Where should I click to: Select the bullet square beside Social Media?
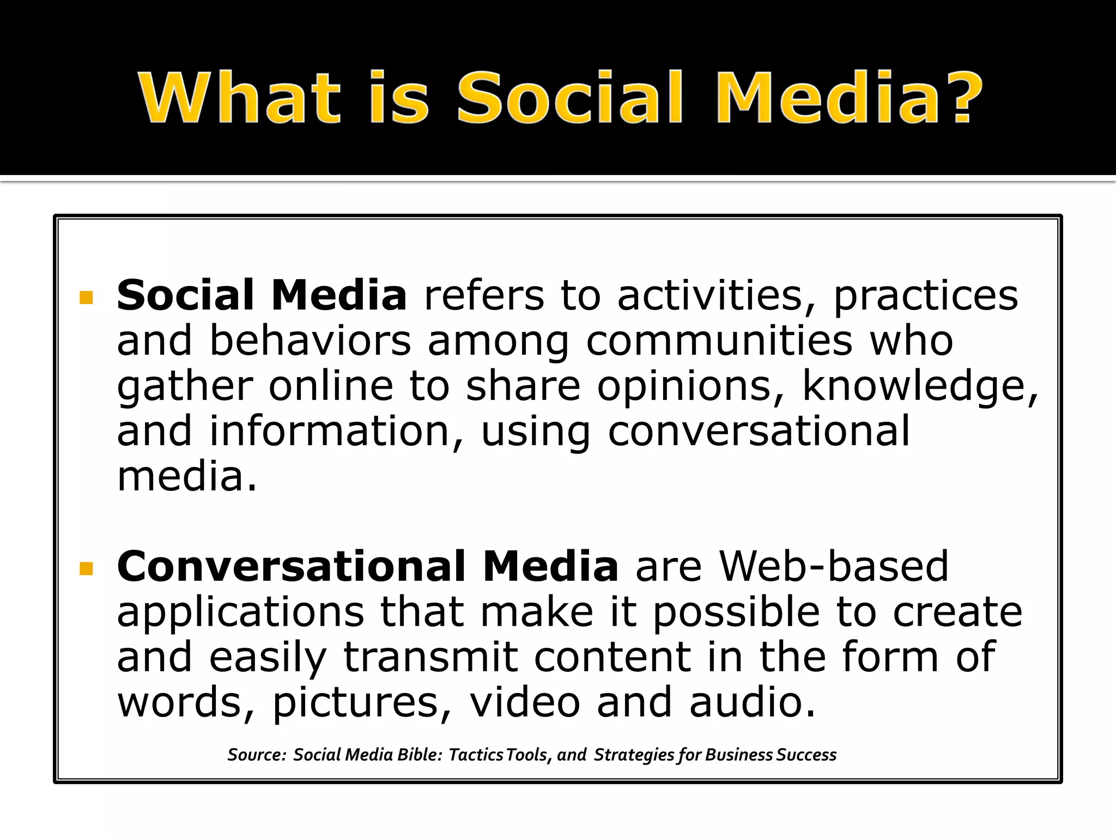pos(86,298)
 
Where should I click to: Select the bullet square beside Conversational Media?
pos(86,569)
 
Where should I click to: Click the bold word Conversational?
pos(291,567)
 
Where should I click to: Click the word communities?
pos(719,341)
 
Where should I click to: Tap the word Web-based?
pos(834,567)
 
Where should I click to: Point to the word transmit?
pos(430,657)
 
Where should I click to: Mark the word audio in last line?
pos(752,702)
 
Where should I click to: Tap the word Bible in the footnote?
pos(418,755)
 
